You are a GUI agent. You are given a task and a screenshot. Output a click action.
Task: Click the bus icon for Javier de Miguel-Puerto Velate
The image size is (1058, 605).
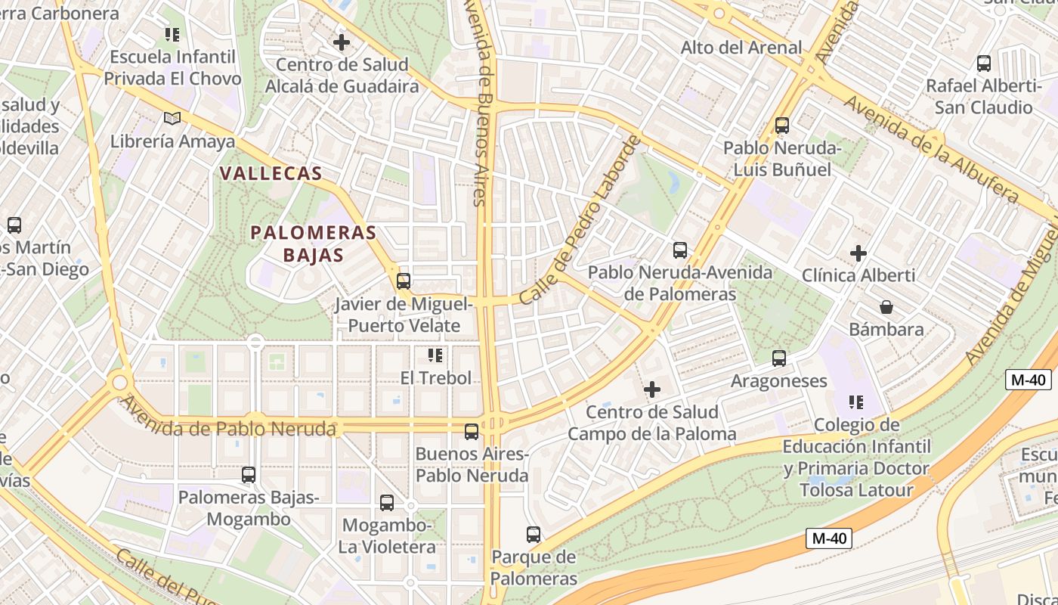pos(404,281)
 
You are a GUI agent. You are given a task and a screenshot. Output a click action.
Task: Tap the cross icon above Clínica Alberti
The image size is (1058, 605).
pos(858,253)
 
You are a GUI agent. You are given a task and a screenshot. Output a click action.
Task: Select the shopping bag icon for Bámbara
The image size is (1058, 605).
pos(886,307)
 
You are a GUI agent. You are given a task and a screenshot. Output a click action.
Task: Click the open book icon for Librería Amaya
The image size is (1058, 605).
pos(172,118)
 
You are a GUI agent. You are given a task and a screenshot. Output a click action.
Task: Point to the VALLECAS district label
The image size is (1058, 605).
pos(271,173)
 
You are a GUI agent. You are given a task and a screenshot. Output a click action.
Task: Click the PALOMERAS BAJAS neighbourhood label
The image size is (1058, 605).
pos(313,244)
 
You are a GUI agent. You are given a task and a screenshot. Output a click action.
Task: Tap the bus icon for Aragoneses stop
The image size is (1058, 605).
pos(779,358)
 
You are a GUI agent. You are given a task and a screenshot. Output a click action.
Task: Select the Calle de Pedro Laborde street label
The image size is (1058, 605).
pos(580,220)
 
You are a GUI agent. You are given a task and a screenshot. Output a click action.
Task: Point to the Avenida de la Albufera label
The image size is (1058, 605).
pos(931,148)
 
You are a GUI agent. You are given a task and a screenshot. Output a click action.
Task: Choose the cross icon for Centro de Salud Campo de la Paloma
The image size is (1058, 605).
pos(651,389)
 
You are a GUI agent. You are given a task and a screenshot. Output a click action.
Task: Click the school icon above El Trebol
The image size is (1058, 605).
pos(435,355)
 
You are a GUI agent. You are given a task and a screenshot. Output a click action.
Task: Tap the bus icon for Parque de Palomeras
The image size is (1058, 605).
pos(534,535)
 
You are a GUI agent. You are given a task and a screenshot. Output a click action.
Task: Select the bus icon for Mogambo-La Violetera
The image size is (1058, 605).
pos(387,503)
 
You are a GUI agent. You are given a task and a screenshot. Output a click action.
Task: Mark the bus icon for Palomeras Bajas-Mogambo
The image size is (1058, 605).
pos(249,475)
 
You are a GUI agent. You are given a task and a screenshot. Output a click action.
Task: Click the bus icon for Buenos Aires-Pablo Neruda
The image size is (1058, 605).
pos(472,432)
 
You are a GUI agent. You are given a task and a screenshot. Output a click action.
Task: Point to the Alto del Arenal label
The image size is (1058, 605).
pos(741,48)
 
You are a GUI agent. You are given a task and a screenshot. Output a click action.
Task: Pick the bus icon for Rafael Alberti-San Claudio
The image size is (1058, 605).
pos(984,64)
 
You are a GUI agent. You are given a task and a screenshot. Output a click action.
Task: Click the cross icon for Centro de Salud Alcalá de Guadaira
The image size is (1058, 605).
pos(342,42)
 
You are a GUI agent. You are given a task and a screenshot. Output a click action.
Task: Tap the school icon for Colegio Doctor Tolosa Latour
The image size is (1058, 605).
pos(855,402)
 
